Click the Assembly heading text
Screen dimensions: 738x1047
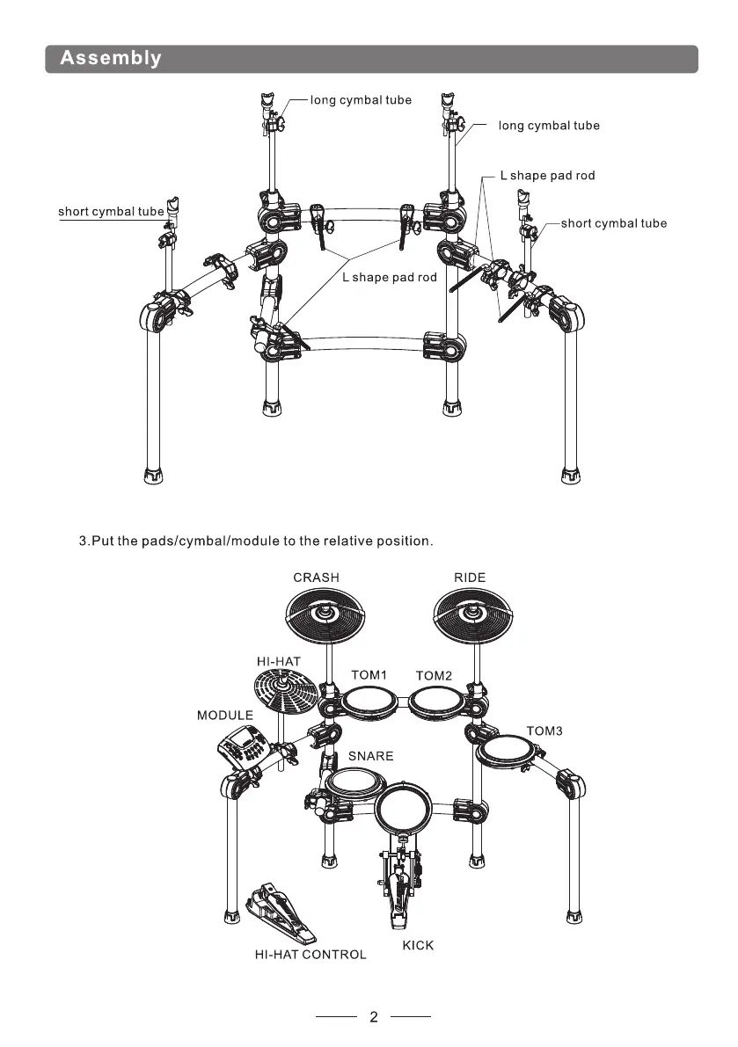click(x=111, y=58)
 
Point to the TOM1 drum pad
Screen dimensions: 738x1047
click(x=370, y=703)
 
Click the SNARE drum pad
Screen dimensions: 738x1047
click(x=355, y=782)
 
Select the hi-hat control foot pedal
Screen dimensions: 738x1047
click(x=280, y=912)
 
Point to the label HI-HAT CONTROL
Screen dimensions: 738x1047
click(x=311, y=955)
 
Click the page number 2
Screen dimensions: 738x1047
click(x=373, y=1017)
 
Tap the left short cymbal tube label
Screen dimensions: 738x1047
click(x=111, y=212)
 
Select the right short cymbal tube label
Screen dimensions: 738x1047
click(x=614, y=223)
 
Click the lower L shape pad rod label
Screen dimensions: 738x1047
click(x=390, y=277)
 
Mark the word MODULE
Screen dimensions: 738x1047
click(x=225, y=715)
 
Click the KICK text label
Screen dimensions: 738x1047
click(x=418, y=946)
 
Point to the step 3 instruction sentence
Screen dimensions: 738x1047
click(x=256, y=541)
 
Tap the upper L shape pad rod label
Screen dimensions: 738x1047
click(x=548, y=176)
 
